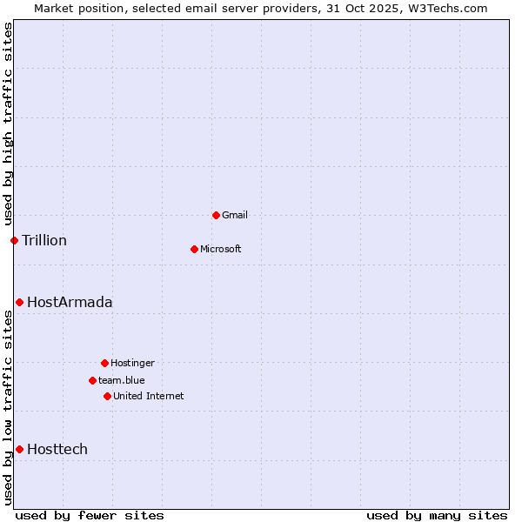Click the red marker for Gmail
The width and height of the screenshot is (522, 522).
click(x=216, y=215)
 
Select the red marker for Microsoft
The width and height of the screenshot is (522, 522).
click(x=194, y=249)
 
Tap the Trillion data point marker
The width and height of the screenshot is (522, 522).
click(x=14, y=240)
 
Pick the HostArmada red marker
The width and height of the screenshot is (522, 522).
click(x=19, y=302)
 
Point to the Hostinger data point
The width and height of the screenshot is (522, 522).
click(x=104, y=363)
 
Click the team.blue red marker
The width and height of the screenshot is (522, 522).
click(x=92, y=380)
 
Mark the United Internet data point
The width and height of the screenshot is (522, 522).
click(x=107, y=396)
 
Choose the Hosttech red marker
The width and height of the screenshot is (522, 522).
click(x=19, y=449)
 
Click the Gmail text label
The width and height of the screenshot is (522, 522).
click(x=235, y=216)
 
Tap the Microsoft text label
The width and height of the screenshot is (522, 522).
click(x=220, y=250)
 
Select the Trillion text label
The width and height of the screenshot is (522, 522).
click(x=44, y=241)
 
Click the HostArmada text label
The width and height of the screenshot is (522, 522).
click(x=70, y=303)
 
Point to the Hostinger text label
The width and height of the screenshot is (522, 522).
click(x=132, y=364)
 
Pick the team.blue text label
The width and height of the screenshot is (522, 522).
click(x=122, y=381)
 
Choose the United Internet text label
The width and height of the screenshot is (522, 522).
click(x=149, y=397)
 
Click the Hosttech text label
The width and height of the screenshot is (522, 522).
click(x=57, y=450)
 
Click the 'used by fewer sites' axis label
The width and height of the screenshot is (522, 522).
click(x=90, y=515)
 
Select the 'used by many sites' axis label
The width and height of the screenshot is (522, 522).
click(x=437, y=515)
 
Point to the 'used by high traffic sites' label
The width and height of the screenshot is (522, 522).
click(x=8, y=124)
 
